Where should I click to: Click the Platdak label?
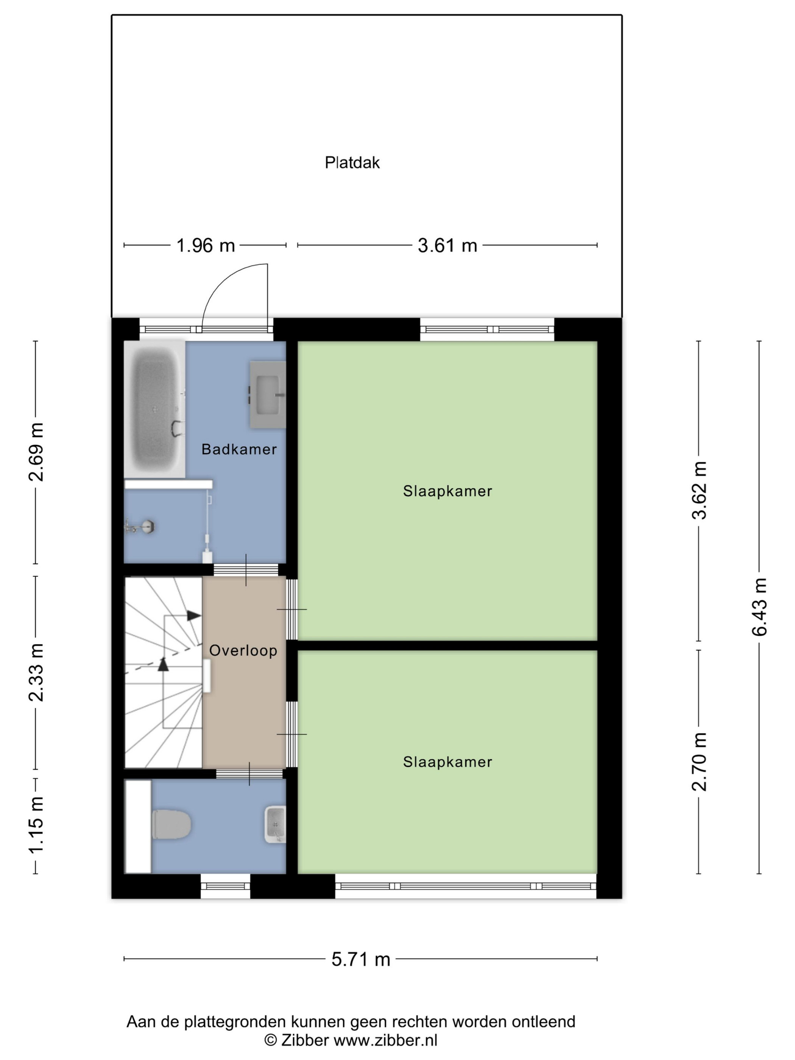[352, 162]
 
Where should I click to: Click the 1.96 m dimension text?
[205, 245]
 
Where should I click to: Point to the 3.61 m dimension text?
[447, 245]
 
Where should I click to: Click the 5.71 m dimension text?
[361, 959]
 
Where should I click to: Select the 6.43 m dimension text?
[759, 607]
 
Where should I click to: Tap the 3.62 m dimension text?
[699, 490]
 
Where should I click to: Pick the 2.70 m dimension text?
[699, 761]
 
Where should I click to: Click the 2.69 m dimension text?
[36, 452]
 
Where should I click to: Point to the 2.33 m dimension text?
[36, 672]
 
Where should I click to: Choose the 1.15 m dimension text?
[36, 826]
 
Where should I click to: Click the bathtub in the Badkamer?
[155, 409]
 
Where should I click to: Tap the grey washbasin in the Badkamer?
[267, 394]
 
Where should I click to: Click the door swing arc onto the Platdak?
[223, 279]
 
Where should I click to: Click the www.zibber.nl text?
[385, 1040]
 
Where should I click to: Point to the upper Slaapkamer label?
[447, 491]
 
